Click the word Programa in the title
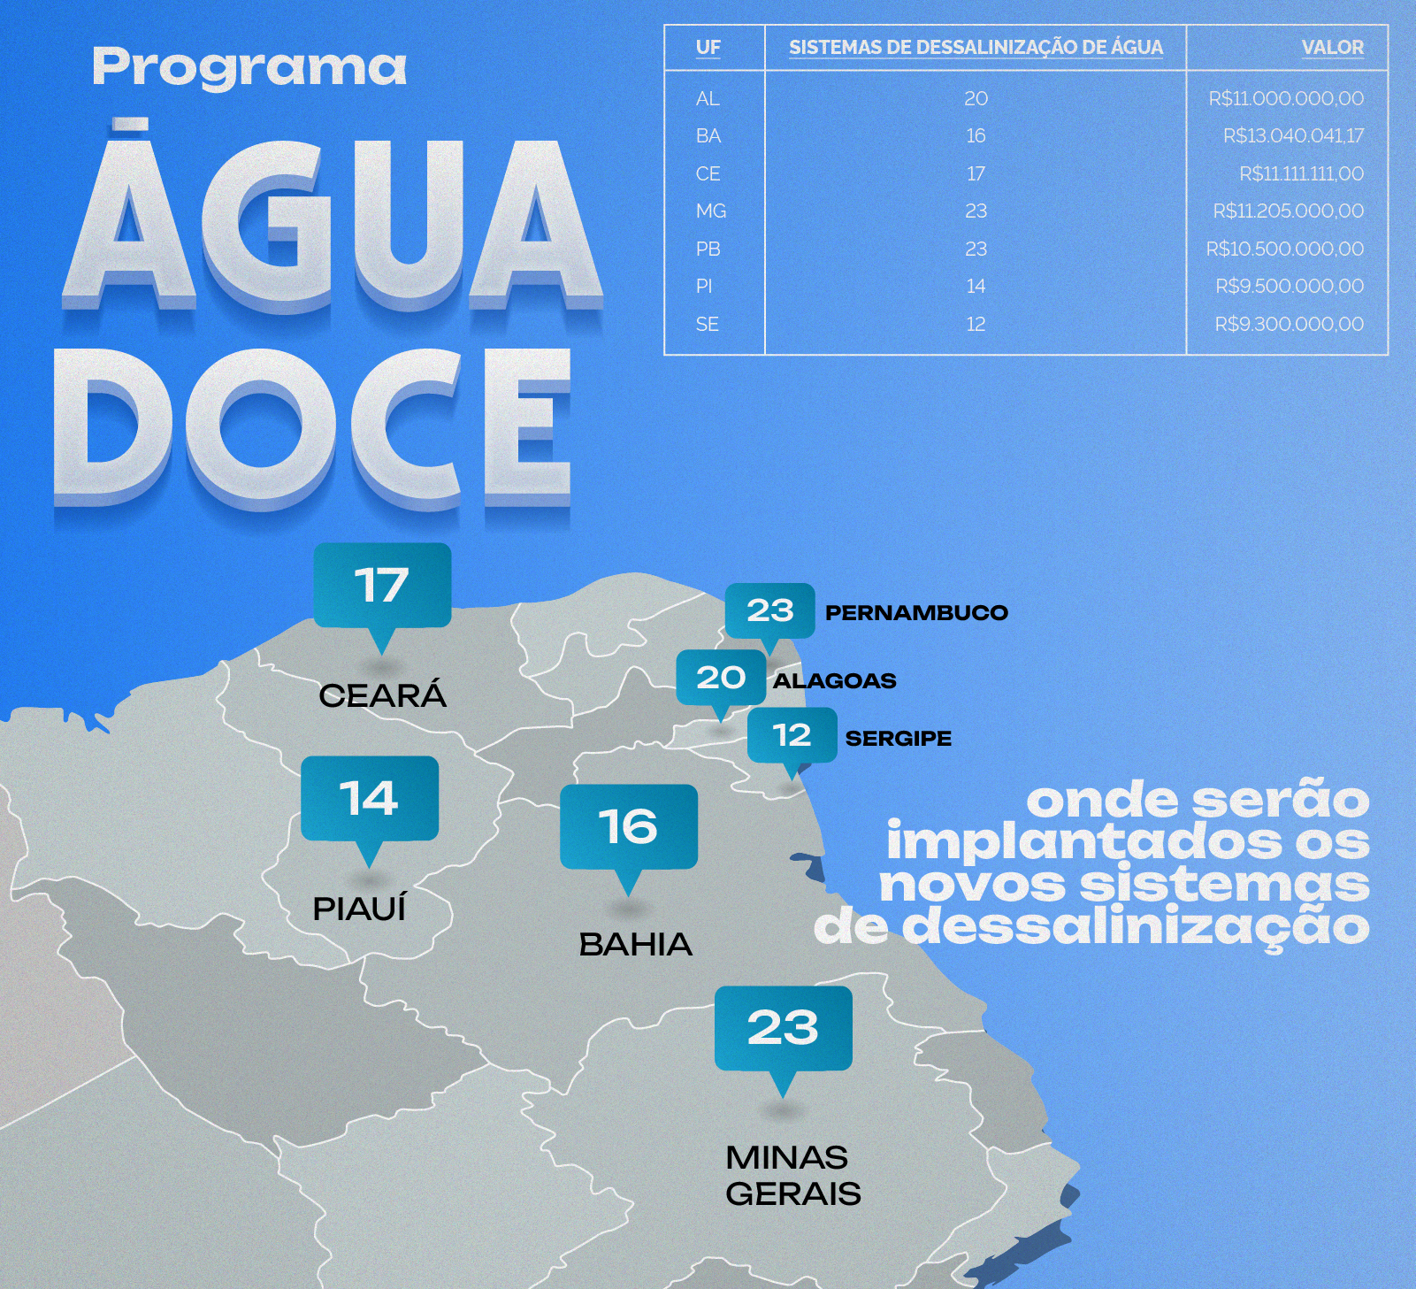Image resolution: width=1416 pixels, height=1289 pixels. point(249,68)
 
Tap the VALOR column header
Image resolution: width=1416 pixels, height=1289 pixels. point(1332,48)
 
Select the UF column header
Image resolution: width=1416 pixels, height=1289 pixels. point(708,48)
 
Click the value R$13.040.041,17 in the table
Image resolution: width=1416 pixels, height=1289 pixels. point(1293,136)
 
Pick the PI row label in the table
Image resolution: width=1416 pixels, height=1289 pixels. point(704,287)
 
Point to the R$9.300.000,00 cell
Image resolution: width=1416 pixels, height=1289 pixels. point(1289,325)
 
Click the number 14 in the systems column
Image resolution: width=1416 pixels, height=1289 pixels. point(976,287)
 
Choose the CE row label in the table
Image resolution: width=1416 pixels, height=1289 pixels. point(708,174)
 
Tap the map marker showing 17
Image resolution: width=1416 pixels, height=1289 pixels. point(382,587)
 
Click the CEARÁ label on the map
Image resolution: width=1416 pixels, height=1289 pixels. point(383,695)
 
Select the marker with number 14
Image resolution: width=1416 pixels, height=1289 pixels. point(370,799)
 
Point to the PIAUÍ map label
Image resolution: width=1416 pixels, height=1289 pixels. point(359,909)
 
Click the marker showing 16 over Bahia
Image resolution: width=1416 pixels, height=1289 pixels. point(628,827)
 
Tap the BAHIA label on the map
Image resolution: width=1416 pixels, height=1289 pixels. point(635,945)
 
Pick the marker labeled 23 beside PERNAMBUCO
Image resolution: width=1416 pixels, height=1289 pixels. point(769,610)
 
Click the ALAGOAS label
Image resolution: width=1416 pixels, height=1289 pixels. point(834,680)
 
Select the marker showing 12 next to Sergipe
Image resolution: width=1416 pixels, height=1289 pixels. point(792,735)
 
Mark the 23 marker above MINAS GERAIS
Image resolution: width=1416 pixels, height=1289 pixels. point(783,1028)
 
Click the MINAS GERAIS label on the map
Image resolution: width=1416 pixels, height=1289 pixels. point(792,1175)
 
